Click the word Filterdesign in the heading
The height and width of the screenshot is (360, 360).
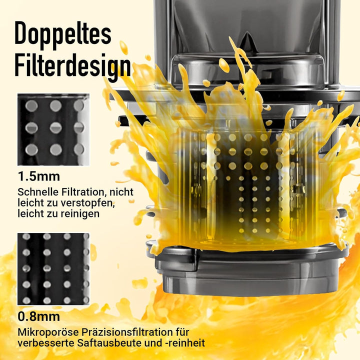pyautogui.click(x=72, y=66)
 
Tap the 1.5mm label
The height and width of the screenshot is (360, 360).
pyautogui.click(x=39, y=176)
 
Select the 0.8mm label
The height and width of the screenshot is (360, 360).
pyautogui.click(x=39, y=316)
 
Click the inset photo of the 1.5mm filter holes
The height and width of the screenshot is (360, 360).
pyautogui.click(x=53, y=129)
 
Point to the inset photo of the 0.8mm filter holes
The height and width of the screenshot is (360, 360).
pyautogui.click(x=53, y=269)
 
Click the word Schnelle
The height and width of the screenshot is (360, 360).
pyautogui.click(x=36, y=192)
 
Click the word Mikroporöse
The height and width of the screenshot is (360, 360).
pyautogui.click(x=45, y=332)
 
